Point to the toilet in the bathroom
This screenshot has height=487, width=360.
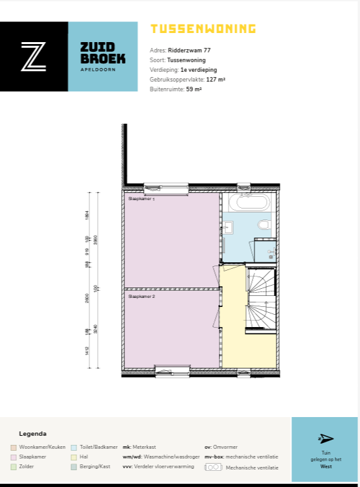pyautogui.click(x=264, y=225)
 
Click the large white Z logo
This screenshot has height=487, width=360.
pyautogui.click(x=33, y=56)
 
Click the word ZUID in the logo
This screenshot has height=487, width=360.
pyautogui.click(x=97, y=47)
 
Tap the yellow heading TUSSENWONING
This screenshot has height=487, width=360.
pyautogui.click(x=203, y=28)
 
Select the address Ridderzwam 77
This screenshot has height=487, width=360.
pyautogui.click(x=189, y=50)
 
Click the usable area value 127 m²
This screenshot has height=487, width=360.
pyautogui.click(x=216, y=79)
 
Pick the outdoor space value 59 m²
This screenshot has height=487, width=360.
pyautogui.click(x=194, y=89)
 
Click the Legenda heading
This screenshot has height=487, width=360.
pyautogui.click(x=32, y=434)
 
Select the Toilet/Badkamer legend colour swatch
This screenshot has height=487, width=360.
pyautogui.click(x=74, y=447)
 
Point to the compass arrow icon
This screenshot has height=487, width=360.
pyautogui.click(x=325, y=438)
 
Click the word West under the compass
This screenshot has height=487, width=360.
pyautogui.click(x=325, y=465)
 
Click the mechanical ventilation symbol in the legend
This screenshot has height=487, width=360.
pyautogui.click(x=213, y=467)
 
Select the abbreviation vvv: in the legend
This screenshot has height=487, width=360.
pyautogui.click(x=128, y=467)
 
